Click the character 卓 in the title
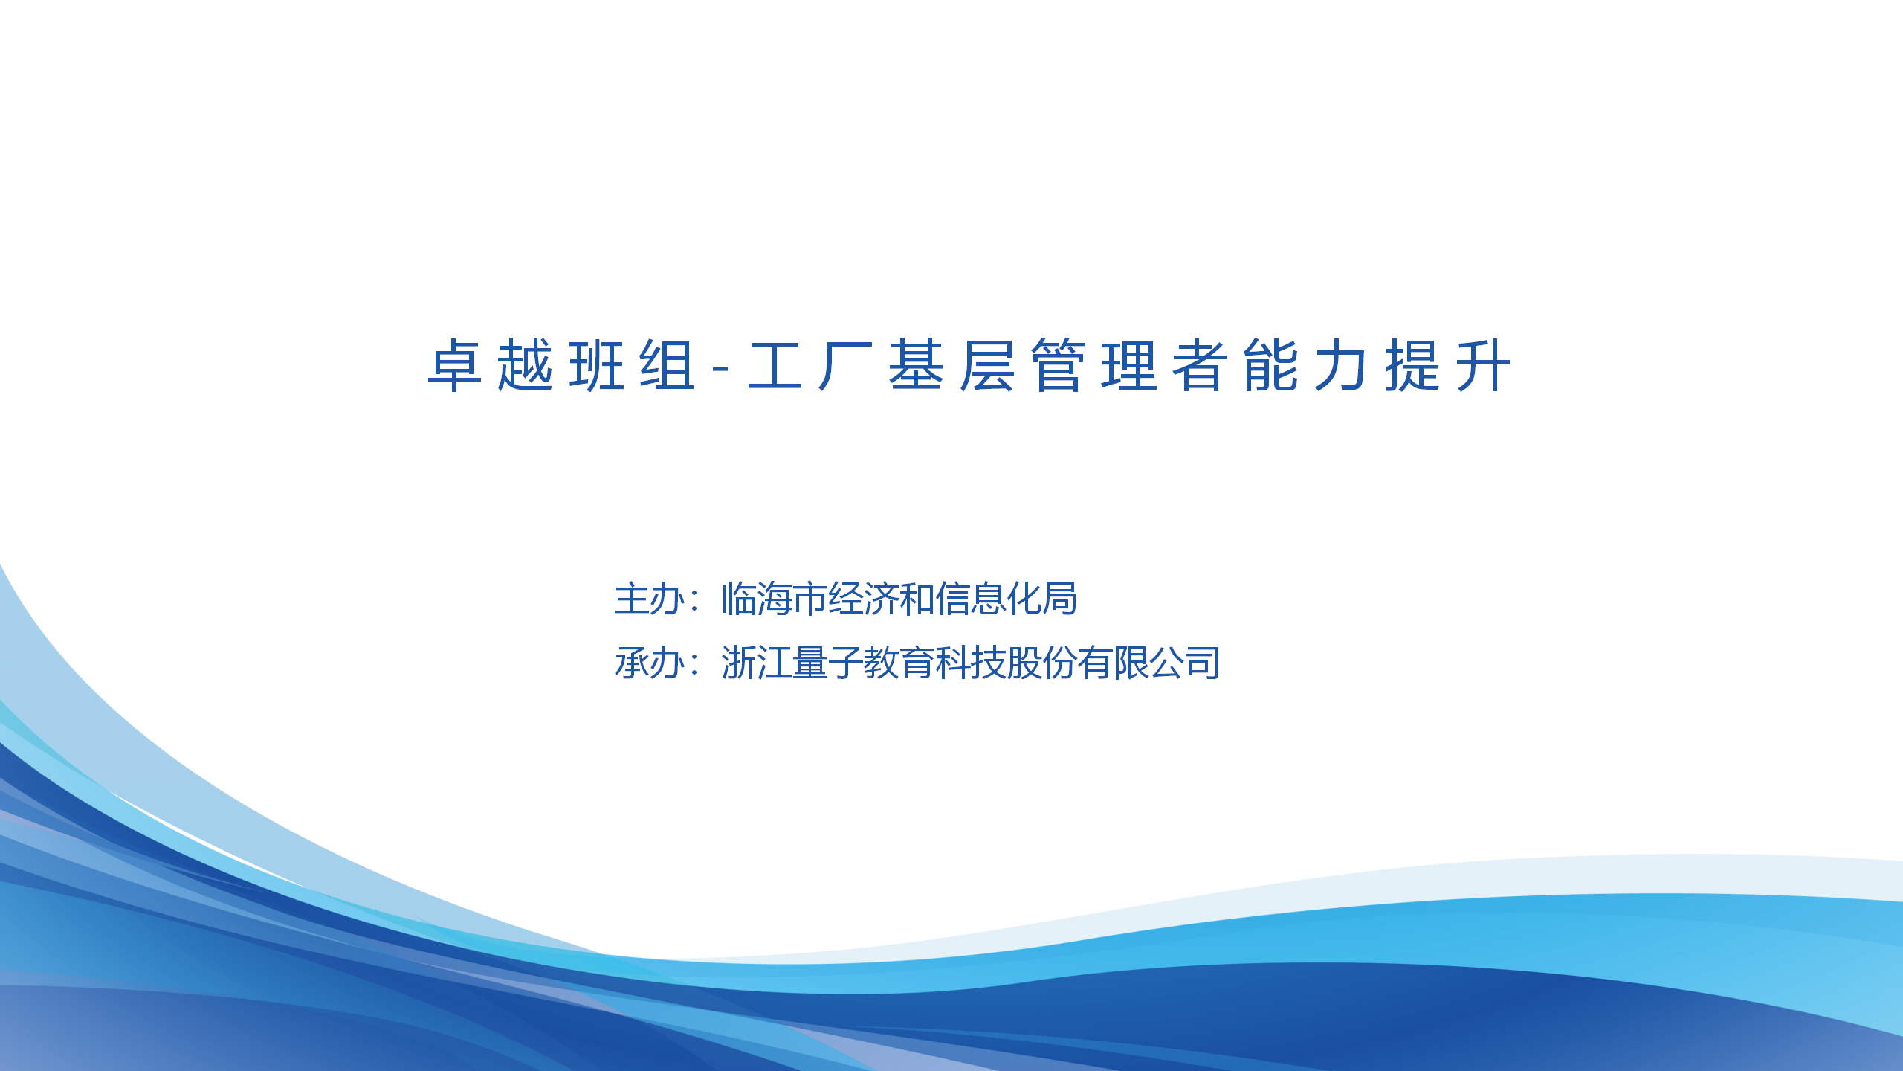[x=455, y=365]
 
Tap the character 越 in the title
[x=526, y=365]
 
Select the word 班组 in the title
[x=633, y=365]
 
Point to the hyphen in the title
[x=720, y=368]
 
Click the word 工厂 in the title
[x=810, y=365]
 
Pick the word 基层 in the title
[x=952, y=365]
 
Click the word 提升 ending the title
[x=1448, y=365]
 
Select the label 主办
[x=650, y=599]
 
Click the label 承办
[x=650, y=663]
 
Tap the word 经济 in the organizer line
[x=864, y=599]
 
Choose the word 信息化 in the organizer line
[x=989, y=599]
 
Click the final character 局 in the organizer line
[x=1060, y=599]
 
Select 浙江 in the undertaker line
[x=756, y=663]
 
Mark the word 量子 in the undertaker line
[x=827, y=663]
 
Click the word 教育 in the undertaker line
[x=899, y=663]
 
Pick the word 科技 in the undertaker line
[x=970, y=663]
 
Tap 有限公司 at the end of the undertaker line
[x=1149, y=663]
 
